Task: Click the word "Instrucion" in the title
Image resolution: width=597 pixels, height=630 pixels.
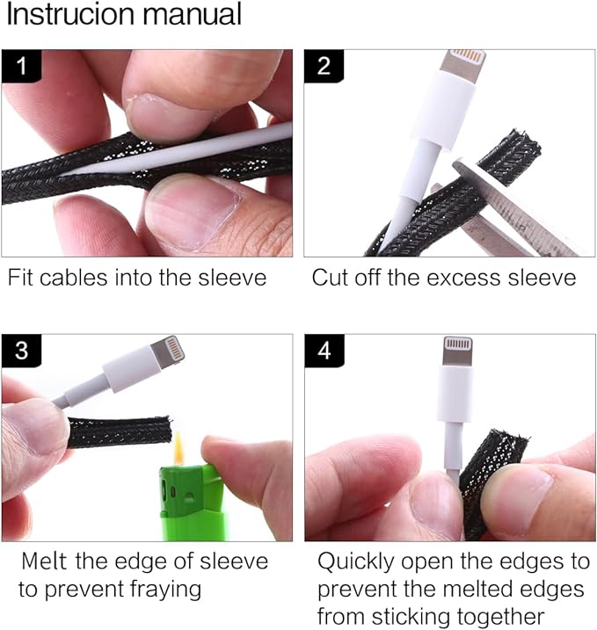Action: click(x=69, y=14)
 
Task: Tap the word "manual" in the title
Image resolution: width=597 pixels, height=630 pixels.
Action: click(x=193, y=14)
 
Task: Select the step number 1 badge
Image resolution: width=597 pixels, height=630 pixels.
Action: click(x=21, y=66)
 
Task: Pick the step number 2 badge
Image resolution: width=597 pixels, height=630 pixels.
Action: click(x=324, y=66)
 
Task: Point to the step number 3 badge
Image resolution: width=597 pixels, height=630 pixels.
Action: click(x=21, y=351)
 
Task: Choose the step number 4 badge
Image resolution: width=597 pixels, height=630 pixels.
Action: click(x=324, y=351)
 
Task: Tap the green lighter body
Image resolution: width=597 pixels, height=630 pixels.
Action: click(x=193, y=503)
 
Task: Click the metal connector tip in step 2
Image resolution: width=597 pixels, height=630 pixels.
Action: click(x=463, y=63)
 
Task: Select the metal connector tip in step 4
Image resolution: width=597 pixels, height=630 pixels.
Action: click(x=457, y=351)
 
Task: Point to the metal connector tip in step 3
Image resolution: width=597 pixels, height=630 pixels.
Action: click(x=168, y=351)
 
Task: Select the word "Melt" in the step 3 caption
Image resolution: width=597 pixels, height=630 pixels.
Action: click(x=44, y=561)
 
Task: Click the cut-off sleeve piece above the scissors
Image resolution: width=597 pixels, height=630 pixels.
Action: click(x=509, y=157)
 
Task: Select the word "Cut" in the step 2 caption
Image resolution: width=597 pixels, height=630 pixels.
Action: click(x=330, y=278)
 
